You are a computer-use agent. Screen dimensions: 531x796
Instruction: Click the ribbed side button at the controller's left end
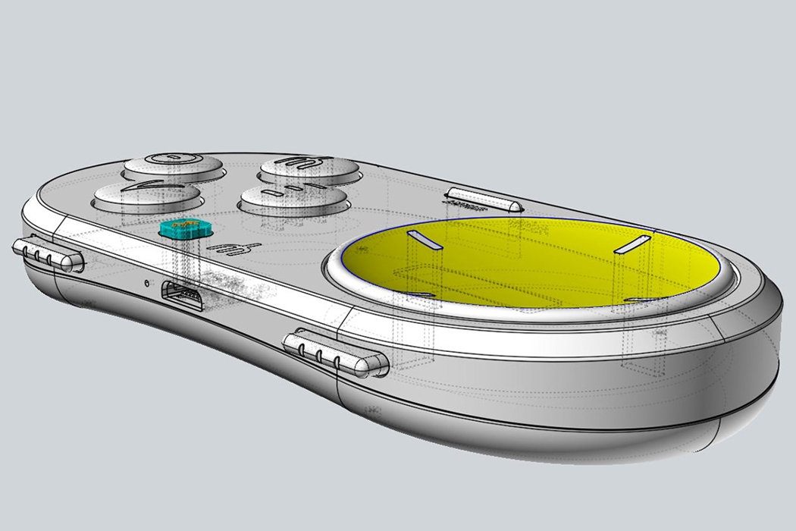(x=46, y=253)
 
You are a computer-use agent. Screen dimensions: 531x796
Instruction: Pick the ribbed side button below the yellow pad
(x=334, y=351)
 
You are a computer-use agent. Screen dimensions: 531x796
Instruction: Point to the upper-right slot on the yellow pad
(x=632, y=244)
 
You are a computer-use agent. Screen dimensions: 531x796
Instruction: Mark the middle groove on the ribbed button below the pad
(x=320, y=353)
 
